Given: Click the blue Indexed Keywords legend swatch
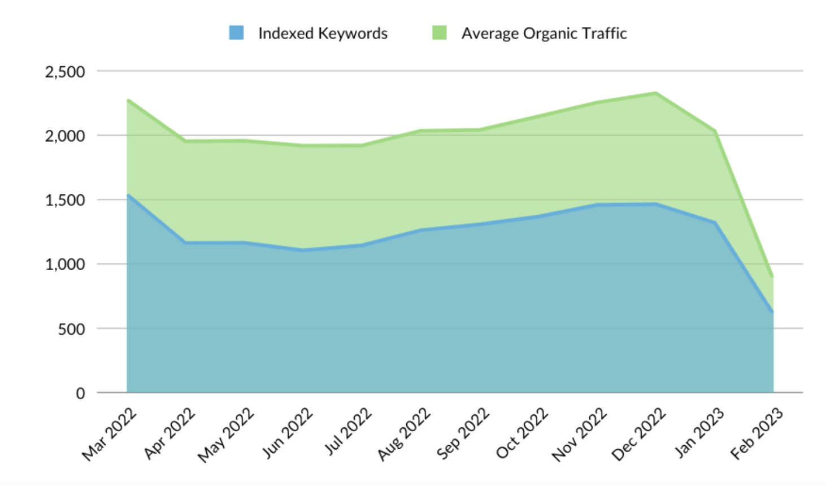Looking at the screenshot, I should (x=236, y=33).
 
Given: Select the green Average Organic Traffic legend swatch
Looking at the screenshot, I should (x=440, y=33).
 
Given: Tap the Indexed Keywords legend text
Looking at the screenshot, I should (x=323, y=33).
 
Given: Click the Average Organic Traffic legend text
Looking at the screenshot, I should (x=544, y=33).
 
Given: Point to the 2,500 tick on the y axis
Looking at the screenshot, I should (x=65, y=72).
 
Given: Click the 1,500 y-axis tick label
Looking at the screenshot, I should (x=65, y=200).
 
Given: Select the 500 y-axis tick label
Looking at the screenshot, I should (x=71, y=329).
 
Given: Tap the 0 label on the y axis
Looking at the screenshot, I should (x=80, y=393).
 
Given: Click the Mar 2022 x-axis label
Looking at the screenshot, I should (x=110, y=434).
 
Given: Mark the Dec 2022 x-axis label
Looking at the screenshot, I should (x=638, y=434).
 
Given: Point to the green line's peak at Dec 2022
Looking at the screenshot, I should (x=656, y=93).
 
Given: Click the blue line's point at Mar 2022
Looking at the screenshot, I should (x=128, y=196).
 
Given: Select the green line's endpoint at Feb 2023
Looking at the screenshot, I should (x=772, y=276).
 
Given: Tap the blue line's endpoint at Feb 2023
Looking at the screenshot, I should (x=772, y=312).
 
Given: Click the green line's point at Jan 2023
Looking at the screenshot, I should (x=715, y=131).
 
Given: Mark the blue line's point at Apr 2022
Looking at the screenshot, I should (x=185, y=243).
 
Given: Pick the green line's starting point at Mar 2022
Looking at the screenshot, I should (x=128, y=101).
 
